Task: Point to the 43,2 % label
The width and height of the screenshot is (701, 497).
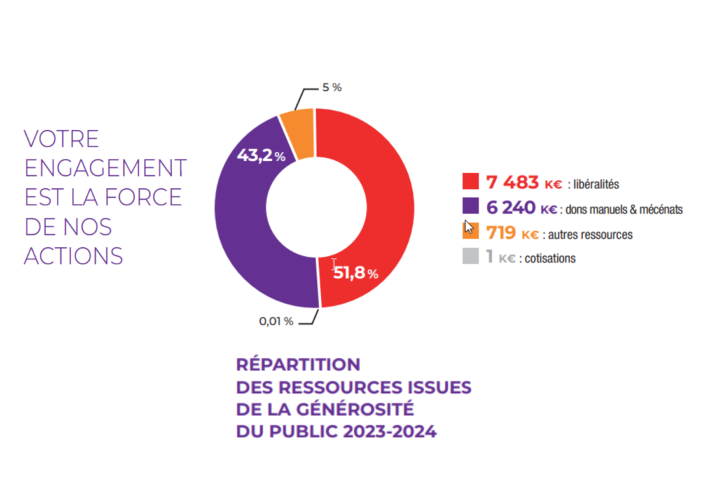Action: coord(261,155)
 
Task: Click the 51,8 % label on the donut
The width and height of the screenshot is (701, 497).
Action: coord(355,274)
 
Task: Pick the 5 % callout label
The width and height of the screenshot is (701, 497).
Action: coord(331,88)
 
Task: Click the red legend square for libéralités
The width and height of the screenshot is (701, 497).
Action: coord(470,181)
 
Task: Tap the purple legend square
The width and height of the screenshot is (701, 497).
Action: coord(470,207)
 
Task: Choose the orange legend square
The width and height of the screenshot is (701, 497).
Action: coord(470,232)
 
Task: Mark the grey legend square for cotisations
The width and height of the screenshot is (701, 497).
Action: coord(470,257)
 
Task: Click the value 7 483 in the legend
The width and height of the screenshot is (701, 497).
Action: coord(512,182)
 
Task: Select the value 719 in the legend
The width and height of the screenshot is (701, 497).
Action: coord(500,233)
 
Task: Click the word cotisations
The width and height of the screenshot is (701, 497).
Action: coord(551,259)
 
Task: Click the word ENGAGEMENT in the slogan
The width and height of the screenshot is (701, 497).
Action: coord(105,168)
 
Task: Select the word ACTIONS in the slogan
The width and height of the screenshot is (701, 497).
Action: coord(73,255)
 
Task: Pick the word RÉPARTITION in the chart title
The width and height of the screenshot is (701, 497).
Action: coord(298,364)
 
